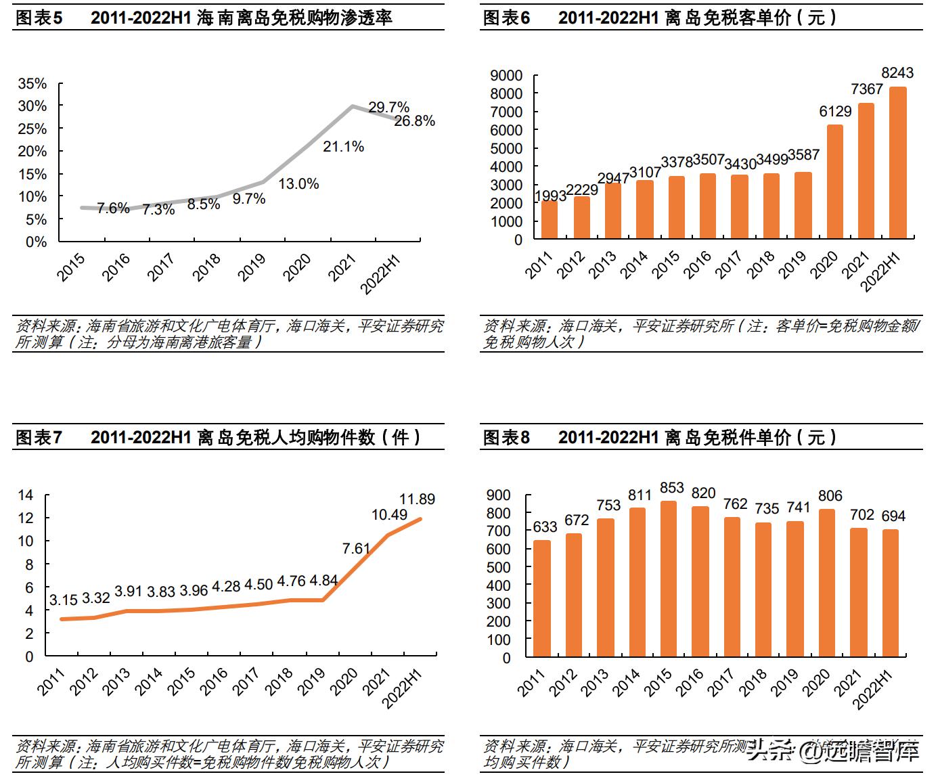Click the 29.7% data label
[388, 107]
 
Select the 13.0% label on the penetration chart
[298, 183]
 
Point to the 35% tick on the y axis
[32, 84]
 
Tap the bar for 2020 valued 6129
[834, 181]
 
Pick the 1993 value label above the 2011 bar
[550, 196]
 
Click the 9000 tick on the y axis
[506, 75]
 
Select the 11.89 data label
[417, 499]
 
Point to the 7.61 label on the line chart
[356, 548]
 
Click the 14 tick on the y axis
[25, 495]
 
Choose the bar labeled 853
[669, 579]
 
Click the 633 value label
[545, 527]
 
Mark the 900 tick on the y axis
[498, 495]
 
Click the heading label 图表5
[39, 18]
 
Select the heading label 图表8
[506, 438]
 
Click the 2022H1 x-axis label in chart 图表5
[380, 274]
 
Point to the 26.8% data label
[414, 121]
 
